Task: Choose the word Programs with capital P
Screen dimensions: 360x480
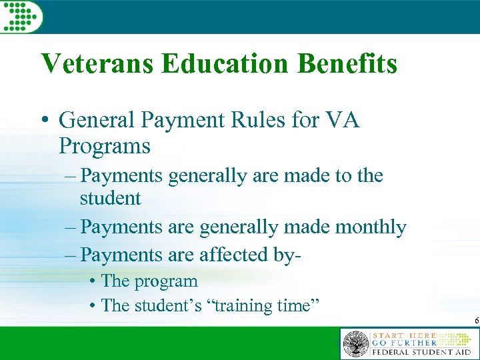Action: point(105,146)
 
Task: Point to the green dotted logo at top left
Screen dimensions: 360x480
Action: point(22,15)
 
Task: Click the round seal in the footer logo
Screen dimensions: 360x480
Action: point(355,344)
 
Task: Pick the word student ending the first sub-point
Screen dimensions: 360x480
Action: point(111,199)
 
